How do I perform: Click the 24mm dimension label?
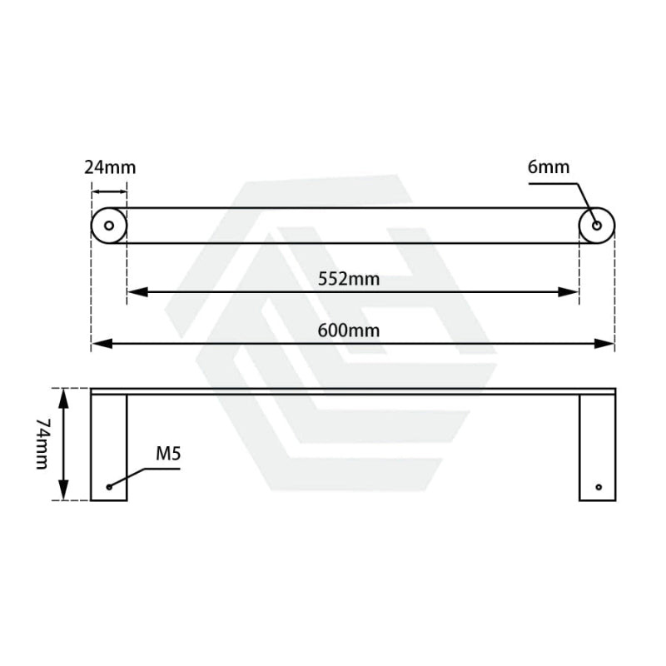109,167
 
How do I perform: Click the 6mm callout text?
549,167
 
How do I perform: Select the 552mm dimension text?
349,279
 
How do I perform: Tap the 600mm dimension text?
349,331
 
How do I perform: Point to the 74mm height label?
42,444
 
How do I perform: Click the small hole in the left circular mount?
109,226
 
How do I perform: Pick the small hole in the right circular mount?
597,226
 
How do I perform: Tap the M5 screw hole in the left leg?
109,486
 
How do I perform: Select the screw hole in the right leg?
598,486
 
